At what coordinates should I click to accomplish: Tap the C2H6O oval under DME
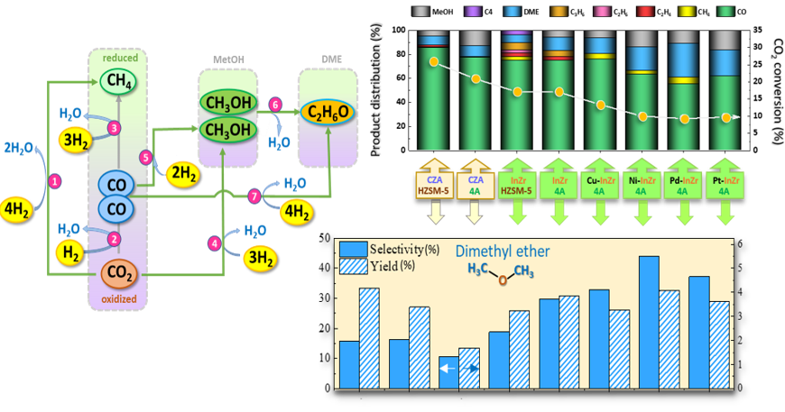[x=328, y=112]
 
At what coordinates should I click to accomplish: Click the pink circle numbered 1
[x=55, y=181]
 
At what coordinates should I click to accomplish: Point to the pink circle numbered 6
[x=275, y=105]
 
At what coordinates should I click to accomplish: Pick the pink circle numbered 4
[x=214, y=242]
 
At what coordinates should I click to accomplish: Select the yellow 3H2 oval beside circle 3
[x=78, y=139]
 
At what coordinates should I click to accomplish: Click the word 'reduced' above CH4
[x=118, y=58]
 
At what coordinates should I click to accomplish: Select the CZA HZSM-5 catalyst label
[x=433, y=185]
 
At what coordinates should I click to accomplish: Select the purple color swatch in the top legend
[x=472, y=12]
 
